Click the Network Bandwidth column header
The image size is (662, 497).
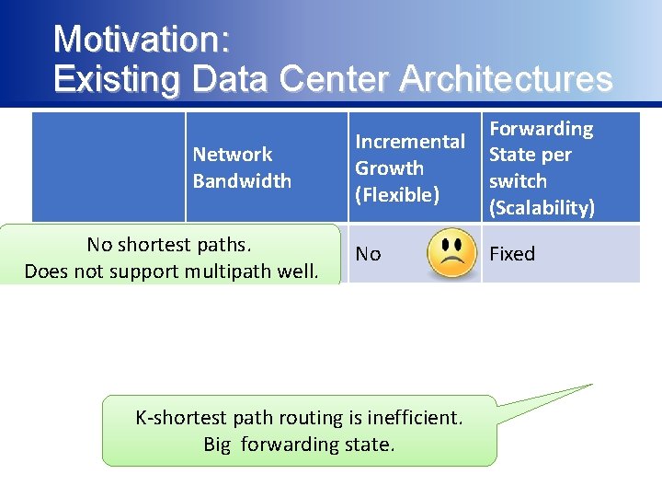tap(242, 168)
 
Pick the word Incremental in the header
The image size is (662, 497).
tap(410, 142)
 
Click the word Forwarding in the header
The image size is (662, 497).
tap(541, 129)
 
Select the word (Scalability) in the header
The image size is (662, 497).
tap(542, 208)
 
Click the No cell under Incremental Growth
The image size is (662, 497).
tap(368, 254)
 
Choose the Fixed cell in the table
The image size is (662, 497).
tap(512, 254)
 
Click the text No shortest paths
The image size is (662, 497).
tap(169, 245)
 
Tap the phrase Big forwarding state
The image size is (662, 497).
tap(299, 445)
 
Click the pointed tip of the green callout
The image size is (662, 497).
tap(591, 385)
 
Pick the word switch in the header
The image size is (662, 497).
tap(518, 181)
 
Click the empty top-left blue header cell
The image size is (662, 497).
tap(108, 167)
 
